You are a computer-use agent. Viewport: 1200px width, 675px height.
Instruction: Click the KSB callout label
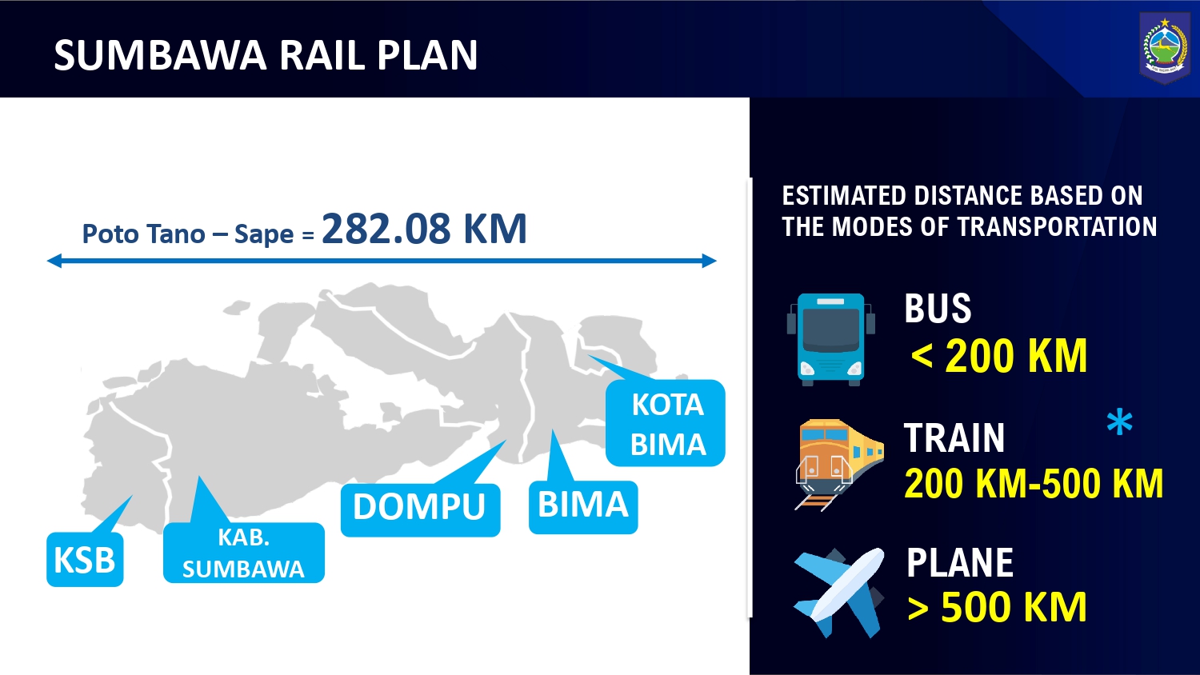[x=85, y=559]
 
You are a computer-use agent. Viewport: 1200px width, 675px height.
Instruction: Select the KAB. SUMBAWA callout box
[x=244, y=553]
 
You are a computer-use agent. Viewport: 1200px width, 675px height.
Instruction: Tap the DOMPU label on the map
[x=421, y=509]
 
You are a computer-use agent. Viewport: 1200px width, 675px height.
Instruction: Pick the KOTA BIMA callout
[x=666, y=423]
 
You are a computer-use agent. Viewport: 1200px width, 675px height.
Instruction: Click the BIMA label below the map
[x=583, y=507]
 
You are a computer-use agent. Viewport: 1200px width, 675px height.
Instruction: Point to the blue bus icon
[x=831, y=339]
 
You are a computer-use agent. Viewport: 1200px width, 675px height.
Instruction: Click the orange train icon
[x=838, y=465]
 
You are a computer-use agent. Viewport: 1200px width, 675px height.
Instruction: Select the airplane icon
[x=839, y=592]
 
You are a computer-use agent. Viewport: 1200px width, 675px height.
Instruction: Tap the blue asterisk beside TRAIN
[x=1120, y=423]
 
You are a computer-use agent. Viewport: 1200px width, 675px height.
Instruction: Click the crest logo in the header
[x=1165, y=48]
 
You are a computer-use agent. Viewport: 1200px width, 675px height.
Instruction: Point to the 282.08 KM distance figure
[x=424, y=229]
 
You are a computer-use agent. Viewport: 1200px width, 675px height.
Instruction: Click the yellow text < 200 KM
[x=998, y=355]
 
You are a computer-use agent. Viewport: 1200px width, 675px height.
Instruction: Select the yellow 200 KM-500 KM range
[x=1034, y=483]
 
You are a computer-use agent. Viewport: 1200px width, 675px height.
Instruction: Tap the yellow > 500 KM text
[x=997, y=606]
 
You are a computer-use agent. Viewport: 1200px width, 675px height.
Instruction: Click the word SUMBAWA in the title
[x=160, y=54]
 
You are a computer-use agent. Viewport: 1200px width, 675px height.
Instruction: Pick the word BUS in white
[x=938, y=308]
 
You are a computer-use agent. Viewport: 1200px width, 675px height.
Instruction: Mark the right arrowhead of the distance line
[x=710, y=261]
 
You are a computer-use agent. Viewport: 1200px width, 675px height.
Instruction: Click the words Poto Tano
[x=143, y=234]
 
